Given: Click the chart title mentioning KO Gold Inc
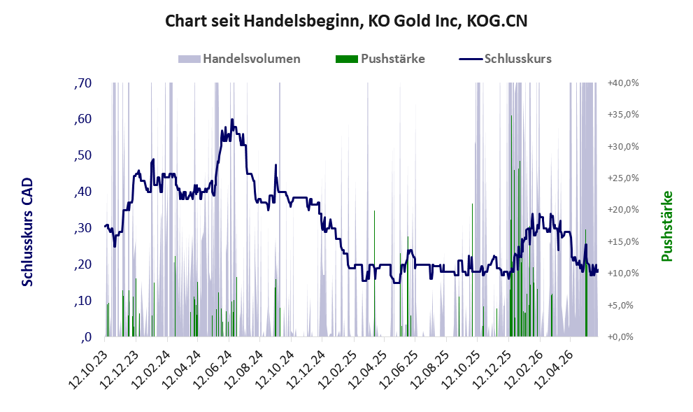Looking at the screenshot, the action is [346, 21].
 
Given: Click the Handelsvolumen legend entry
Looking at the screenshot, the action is [239, 59].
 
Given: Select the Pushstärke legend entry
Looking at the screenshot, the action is [380, 59].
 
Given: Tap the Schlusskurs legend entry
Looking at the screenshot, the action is [505, 59].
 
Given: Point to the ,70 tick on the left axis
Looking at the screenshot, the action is [83, 83].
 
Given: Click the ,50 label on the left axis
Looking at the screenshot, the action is [83, 155].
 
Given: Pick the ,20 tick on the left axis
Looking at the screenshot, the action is [83, 264].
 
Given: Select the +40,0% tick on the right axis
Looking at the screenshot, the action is [623, 83].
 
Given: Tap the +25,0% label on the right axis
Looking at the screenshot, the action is [623, 178].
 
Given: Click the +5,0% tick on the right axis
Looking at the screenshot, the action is [625, 305].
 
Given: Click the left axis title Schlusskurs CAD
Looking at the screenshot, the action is [27, 232].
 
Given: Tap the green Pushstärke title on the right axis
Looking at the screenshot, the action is [667, 226].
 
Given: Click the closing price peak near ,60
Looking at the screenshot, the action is [232, 120].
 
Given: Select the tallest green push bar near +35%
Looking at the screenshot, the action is [511, 226].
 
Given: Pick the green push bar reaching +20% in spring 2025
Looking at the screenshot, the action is [374, 274].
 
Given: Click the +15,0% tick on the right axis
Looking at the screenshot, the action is [623, 241].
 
